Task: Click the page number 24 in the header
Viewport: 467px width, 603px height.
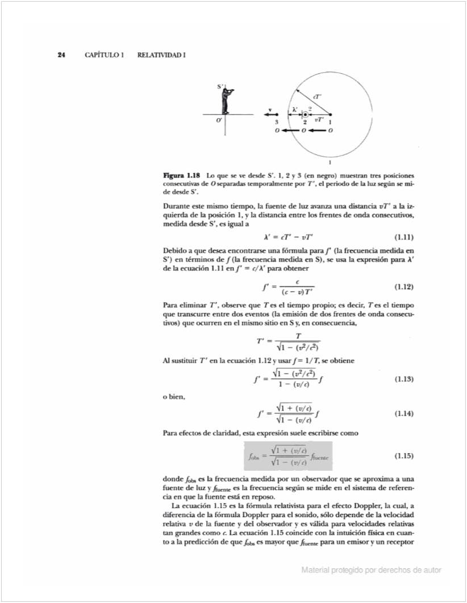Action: click(x=61, y=55)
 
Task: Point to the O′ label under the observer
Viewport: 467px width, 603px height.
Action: click(x=219, y=121)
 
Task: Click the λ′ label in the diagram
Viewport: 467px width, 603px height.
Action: click(x=294, y=109)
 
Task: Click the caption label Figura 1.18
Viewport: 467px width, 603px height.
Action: click(x=181, y=175)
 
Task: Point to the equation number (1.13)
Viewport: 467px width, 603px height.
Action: click(x=403, y=379)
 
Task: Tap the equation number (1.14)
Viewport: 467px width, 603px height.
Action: click(x=403, y=414)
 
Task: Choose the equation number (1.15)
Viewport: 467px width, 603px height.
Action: click(x=403, y=455)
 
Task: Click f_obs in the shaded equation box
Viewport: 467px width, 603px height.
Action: click(x=253, y=456)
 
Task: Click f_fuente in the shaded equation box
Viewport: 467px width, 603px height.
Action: click(x=322, y=456)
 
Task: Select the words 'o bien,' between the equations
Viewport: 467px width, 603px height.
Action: click(x=174, y=396)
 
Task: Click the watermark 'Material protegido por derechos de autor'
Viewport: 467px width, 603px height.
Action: click(x=372, y=570)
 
